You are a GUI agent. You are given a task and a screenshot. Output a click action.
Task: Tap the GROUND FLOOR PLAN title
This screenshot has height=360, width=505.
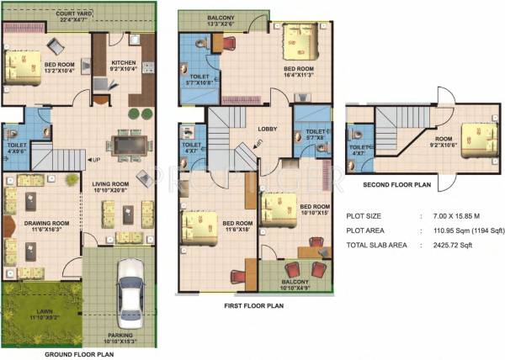point(78,354)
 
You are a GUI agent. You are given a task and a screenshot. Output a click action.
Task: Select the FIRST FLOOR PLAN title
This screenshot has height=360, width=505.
point(252,306)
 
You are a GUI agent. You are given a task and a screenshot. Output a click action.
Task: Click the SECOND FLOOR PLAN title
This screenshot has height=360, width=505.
point(398,185)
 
